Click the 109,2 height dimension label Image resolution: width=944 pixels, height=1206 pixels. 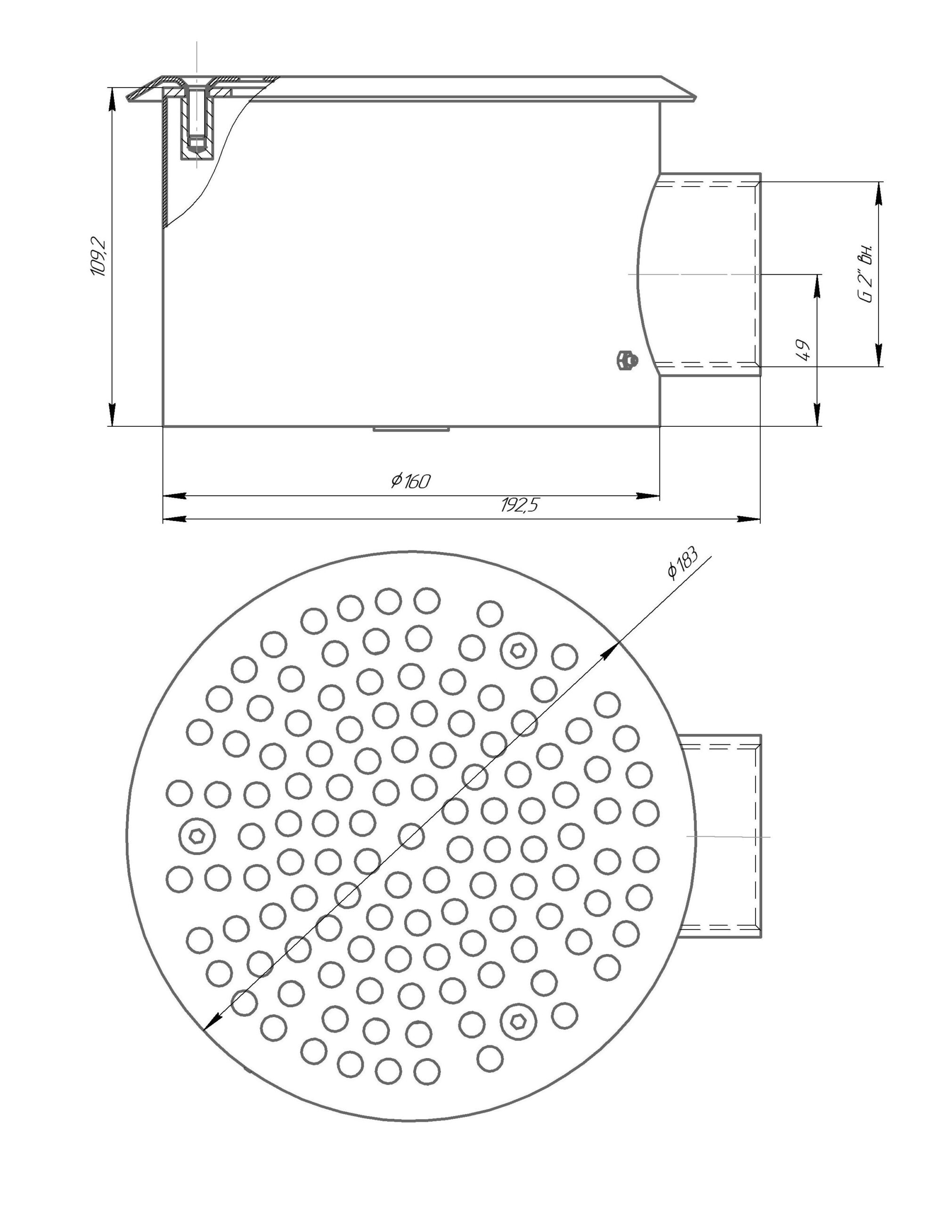[x=99, y=258]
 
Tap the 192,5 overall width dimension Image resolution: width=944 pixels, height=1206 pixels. [x=519, y=505]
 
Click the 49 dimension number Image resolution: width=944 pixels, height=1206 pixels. [x=804, y=350]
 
